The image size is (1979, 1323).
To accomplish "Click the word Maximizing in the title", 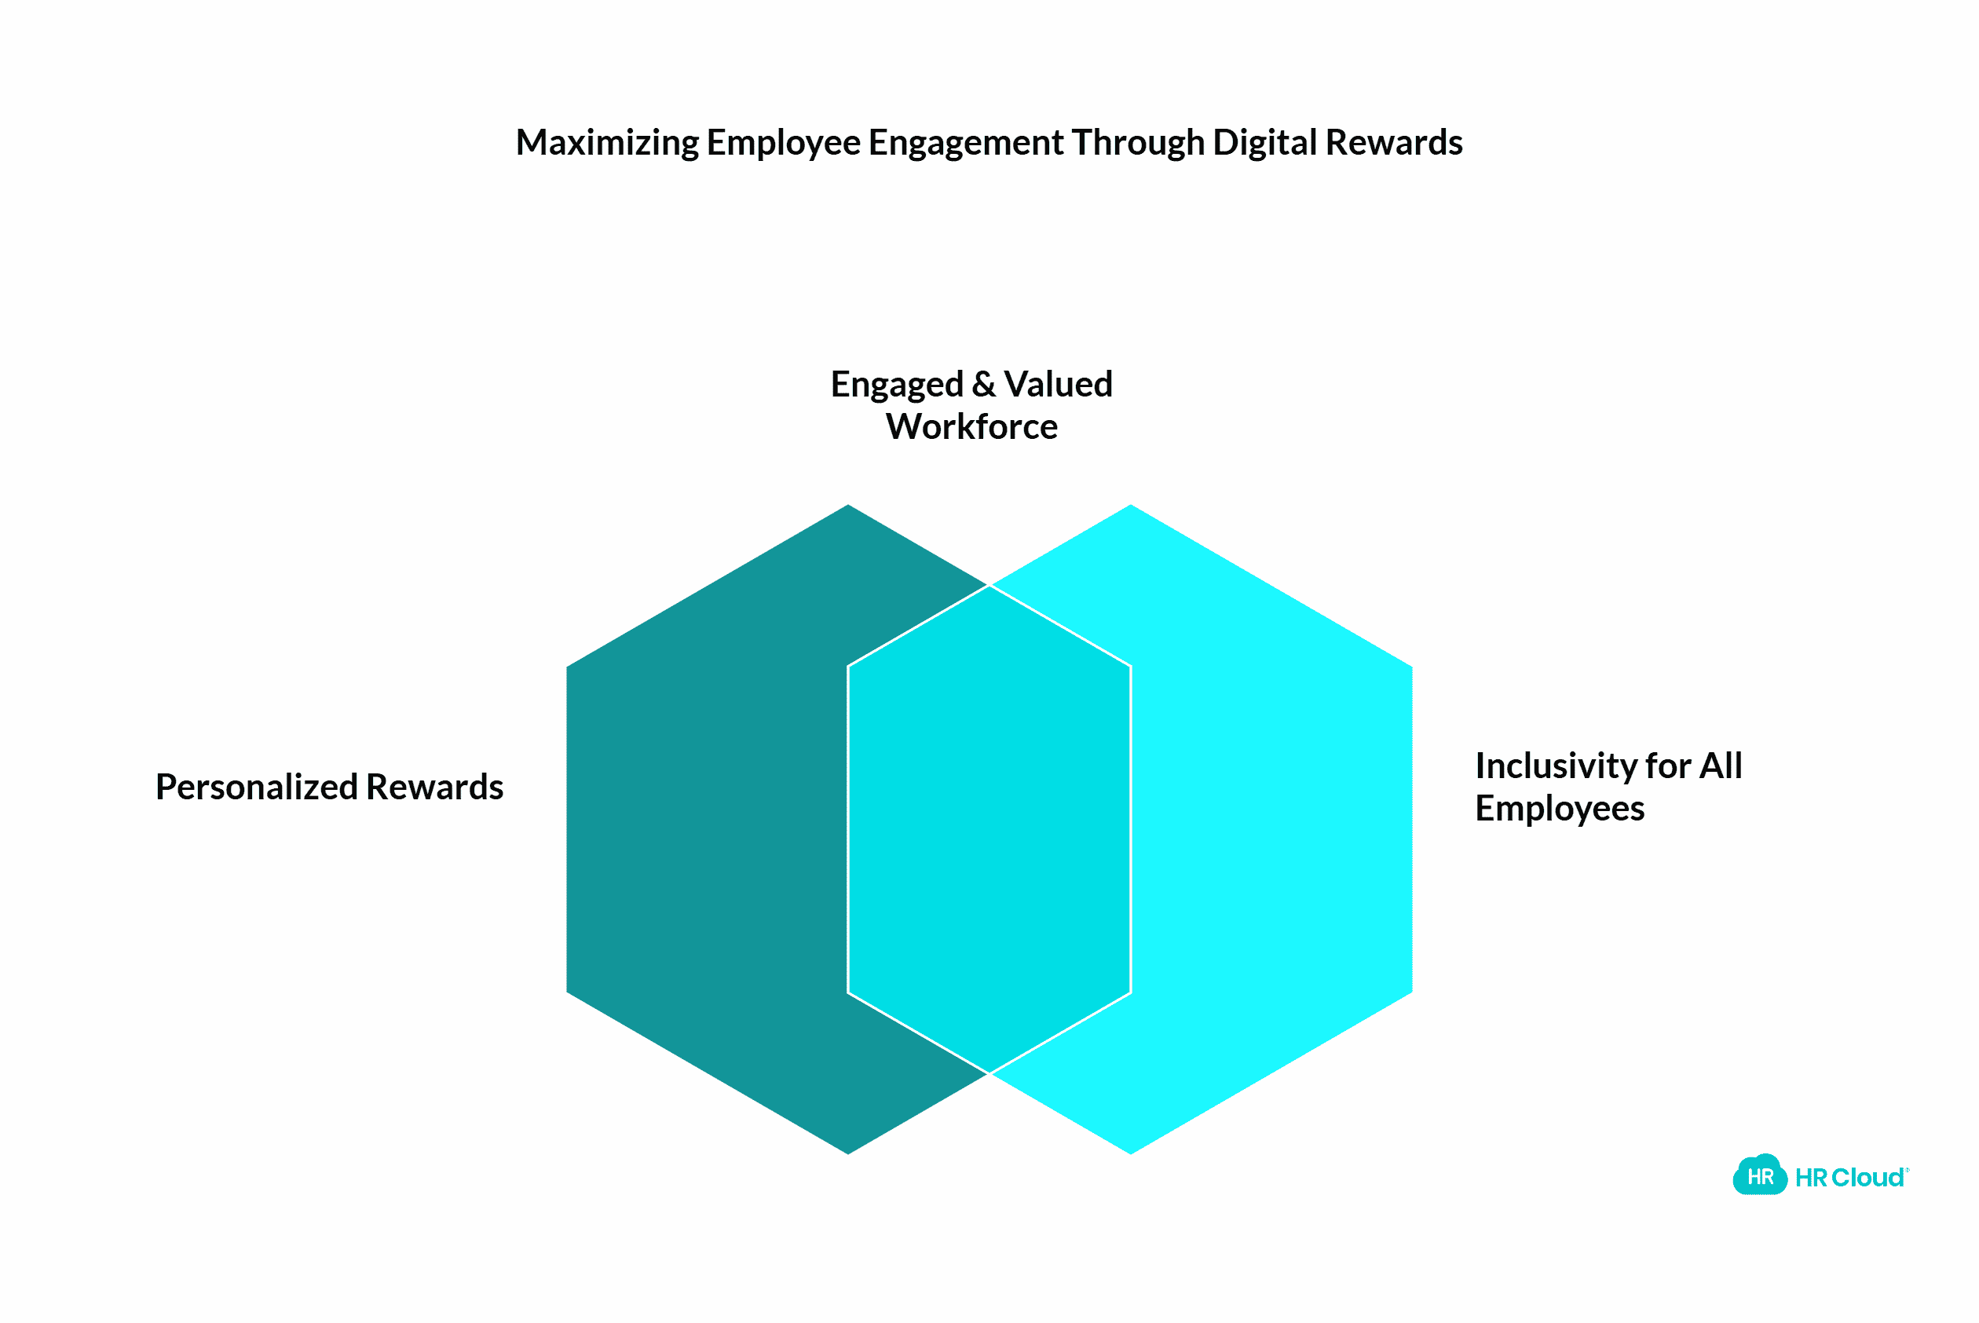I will click(607, 143).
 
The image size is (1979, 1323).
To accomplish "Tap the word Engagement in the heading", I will click(965, 143).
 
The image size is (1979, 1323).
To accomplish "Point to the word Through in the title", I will click(1138, 143).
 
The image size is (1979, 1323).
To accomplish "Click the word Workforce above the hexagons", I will click(971, 427).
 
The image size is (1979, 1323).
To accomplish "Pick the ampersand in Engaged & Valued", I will click(983, 385).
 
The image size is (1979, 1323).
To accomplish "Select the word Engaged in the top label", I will click(896, 385).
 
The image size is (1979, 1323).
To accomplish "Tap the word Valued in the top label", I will click(1059, 385).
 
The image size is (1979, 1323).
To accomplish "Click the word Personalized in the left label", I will click(258, 788).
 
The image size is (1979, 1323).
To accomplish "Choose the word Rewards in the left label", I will click(434, 788).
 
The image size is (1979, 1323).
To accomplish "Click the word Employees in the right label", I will click(1560, 808).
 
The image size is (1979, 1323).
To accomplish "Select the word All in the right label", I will click(1721, 766).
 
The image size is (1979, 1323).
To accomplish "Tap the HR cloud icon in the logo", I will click(1760, 1176).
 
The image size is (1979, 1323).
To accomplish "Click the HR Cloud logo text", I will click(1851, 1178).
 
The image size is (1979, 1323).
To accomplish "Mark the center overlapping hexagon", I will click(989, 829).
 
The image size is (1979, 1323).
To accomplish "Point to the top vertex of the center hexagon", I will click(989, 585).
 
